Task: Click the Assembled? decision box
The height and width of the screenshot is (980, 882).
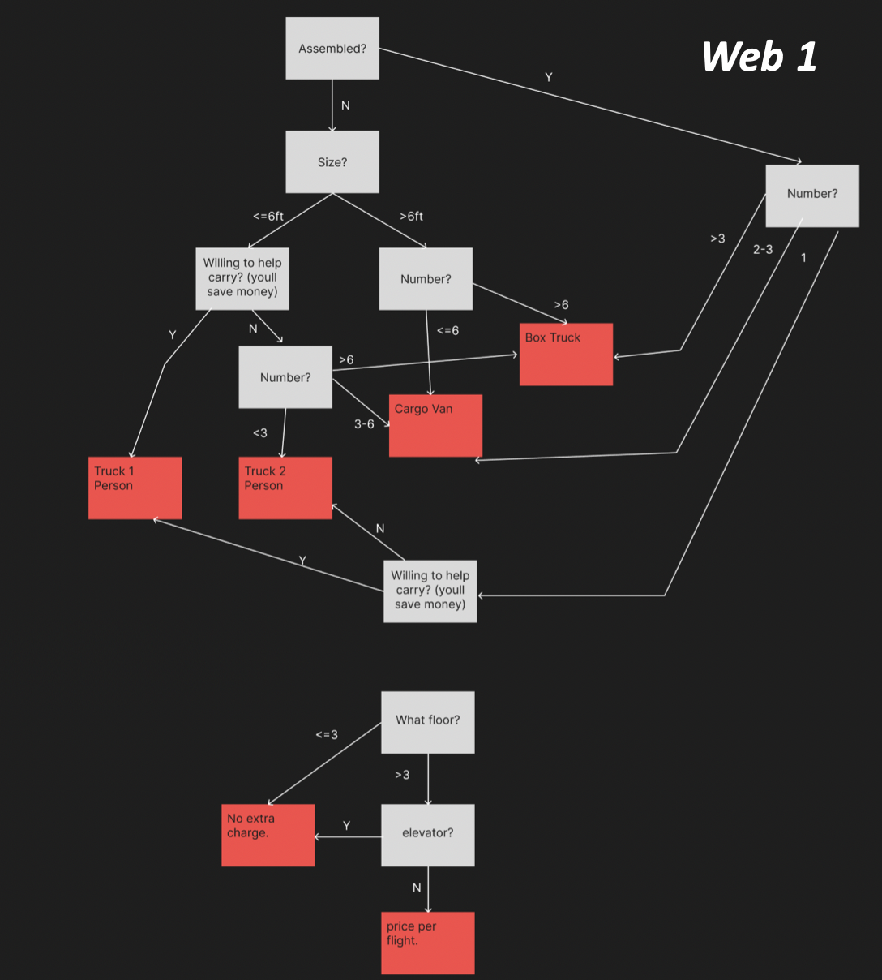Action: coord(332,49)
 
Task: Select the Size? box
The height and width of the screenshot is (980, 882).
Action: coord(332,162)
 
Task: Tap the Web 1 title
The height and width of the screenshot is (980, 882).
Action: coord(759,57)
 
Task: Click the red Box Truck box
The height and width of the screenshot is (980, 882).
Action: coord(566,355)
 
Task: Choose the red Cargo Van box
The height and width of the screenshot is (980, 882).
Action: coord(435,426)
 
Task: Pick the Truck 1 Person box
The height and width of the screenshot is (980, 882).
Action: coord(135,488)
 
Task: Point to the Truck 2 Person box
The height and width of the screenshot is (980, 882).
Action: coord(285,488)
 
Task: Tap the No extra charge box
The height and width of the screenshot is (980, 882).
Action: coord(268,835)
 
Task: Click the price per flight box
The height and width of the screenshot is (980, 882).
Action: coord(428,943)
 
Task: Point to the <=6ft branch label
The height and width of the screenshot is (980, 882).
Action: coord(268,217)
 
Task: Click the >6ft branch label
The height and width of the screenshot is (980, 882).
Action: coord(412,217)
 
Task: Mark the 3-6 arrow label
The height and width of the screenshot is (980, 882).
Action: coord(364,424)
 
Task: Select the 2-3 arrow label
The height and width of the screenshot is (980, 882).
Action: coord(763,250)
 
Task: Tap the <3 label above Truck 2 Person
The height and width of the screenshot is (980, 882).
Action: coord(259,433)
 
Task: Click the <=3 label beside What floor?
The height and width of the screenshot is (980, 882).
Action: coord(327,735)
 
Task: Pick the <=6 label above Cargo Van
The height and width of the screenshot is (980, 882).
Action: coord(447,331)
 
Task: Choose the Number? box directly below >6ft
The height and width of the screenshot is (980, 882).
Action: coord(426,279)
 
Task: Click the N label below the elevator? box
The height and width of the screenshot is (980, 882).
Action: coord(417,888)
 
